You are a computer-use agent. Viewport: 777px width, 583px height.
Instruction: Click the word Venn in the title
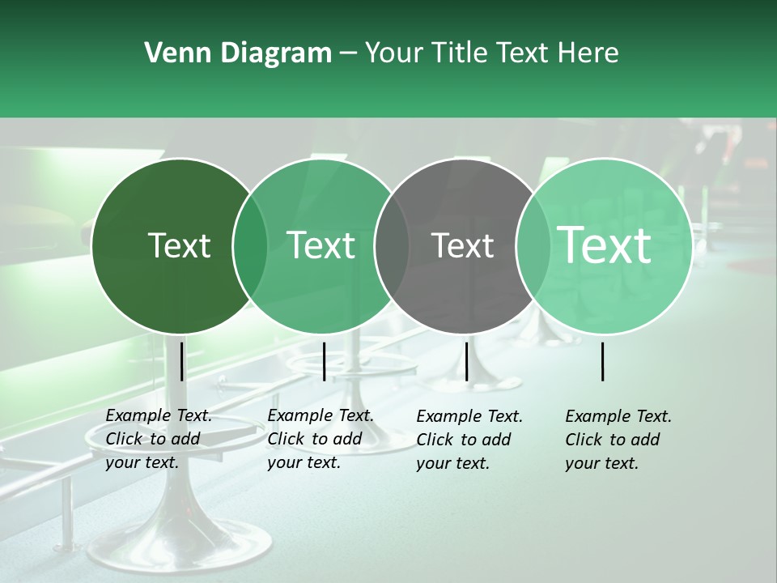[176, 53]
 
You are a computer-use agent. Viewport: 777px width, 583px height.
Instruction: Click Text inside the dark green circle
[179, 245]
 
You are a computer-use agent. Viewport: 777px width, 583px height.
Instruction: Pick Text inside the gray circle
[463, 245]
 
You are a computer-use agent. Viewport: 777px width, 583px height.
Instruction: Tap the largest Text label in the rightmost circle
[605, 245]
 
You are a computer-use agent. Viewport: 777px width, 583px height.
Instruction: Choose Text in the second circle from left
[321, 245]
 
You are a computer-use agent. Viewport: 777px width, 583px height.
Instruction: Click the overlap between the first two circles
[250, 246]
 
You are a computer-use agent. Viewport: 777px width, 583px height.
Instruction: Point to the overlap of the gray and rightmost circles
[533, 246]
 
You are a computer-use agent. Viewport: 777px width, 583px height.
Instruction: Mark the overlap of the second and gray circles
[392, 246]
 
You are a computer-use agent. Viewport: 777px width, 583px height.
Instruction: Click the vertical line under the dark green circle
[181, 361]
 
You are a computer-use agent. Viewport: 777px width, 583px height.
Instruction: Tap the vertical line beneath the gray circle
[466, 361]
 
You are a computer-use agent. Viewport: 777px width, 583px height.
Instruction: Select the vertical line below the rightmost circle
[603, 361]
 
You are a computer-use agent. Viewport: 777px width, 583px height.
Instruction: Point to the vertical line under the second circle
[324, 361]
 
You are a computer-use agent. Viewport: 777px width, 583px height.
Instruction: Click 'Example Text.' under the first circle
[159, 416]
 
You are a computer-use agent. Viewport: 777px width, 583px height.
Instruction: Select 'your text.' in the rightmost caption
[602, 464]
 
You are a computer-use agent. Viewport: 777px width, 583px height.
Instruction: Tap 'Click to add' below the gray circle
[464, 440]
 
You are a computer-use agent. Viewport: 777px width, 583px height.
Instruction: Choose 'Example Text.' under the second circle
[321, 416]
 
